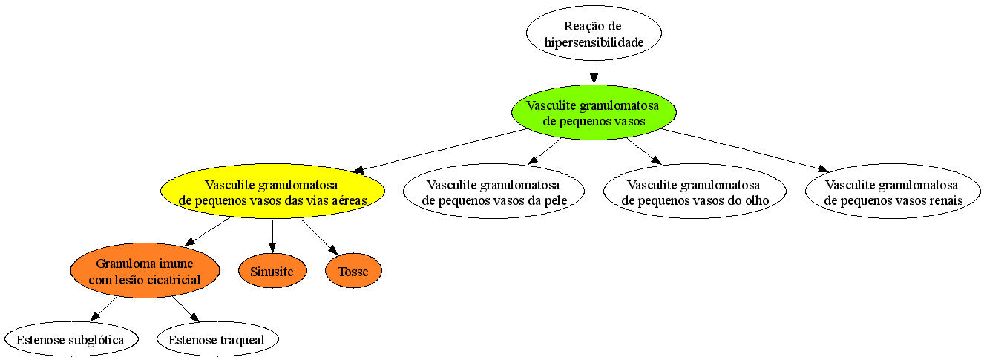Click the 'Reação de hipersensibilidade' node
click(594, 33)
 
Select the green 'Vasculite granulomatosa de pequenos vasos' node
click(594, 113)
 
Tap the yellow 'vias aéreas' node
click(273, 192)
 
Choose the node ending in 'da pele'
click(493, 192)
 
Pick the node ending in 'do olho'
click(695, 192)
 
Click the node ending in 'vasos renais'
click(893, 192)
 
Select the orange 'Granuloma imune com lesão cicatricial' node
click(145, 271)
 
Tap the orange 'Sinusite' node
click(272, 271)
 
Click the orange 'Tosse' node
click(354, 271)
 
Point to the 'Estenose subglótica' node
click(71, 339)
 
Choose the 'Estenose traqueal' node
click(217, 339)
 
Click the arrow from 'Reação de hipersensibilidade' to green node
click(594, 73)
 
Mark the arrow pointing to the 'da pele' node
click(544, 151)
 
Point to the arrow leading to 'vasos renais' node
click(745, 151)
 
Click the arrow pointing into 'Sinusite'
click(272, 236)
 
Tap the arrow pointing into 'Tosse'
click(319, 237)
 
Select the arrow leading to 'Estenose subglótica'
click(103, 309)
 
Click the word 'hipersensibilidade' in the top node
click(594, 42)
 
